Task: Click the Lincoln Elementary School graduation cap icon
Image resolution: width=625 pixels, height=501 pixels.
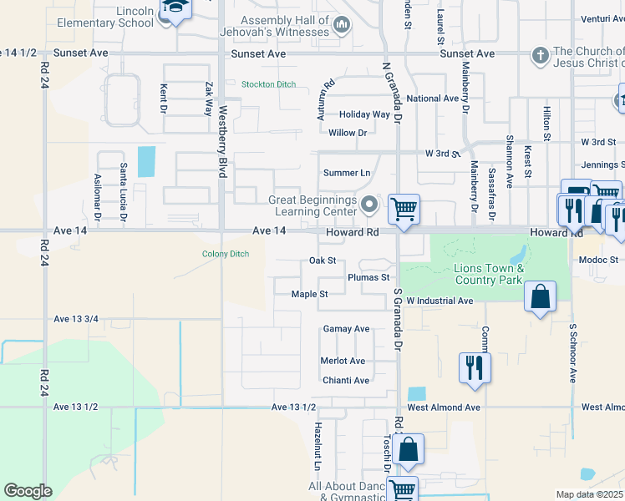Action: tap(176, 9)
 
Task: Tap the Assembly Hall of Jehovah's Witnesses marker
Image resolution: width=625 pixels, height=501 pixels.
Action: tap(341, 26)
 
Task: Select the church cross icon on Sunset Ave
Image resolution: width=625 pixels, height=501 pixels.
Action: tap(541, 55)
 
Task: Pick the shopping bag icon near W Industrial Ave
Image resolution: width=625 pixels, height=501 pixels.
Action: tap(541, 296)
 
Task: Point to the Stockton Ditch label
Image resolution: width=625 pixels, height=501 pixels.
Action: tap(268, 84)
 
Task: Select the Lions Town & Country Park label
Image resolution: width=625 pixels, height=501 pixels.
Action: tap(488, 274)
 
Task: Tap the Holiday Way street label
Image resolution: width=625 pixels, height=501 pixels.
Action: tap(364, 114)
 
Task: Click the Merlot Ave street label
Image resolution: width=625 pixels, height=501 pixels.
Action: tap(343, 361)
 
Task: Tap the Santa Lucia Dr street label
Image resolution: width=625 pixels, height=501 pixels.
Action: tap(123, 192)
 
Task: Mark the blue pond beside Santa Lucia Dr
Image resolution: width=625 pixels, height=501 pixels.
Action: tap(146, 161)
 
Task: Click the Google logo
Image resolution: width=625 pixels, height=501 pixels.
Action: tap(28, 491)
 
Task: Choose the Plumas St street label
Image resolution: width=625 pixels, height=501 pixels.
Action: tap(368, 277)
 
